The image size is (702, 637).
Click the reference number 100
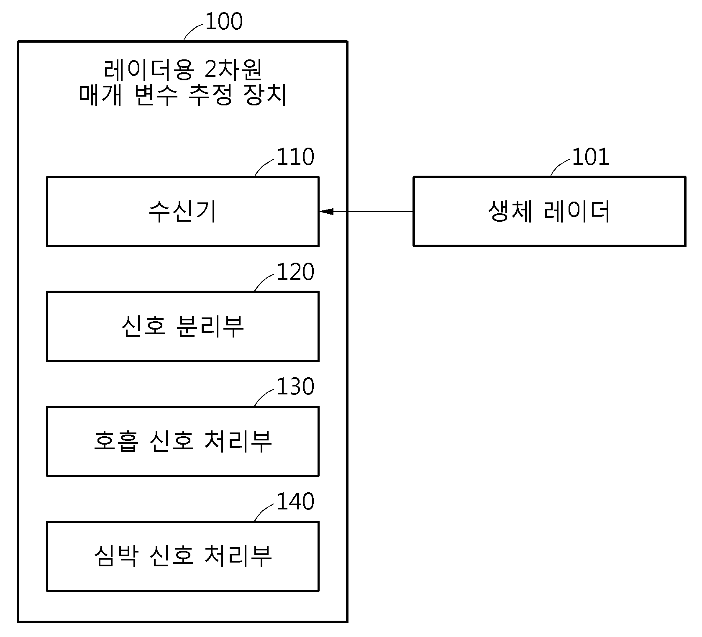[x=224, y=21]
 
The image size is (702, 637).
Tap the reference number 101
[x=591, y=157]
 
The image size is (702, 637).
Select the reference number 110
[x=296, y=157]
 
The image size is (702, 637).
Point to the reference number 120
[x=296, y=272]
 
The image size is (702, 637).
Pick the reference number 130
[x=296, y=386]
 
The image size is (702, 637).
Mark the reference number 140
[x=296, y=501]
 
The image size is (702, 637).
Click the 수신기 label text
[x=183, y=212]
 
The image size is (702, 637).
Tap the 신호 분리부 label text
[x=183, y=326]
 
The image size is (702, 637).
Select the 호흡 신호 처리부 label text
[x=183, y=441]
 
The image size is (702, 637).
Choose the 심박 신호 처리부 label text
[x=183, y=556]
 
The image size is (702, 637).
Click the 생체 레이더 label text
[x=549, y=212]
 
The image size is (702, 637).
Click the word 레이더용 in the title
[x=148, y=70]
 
